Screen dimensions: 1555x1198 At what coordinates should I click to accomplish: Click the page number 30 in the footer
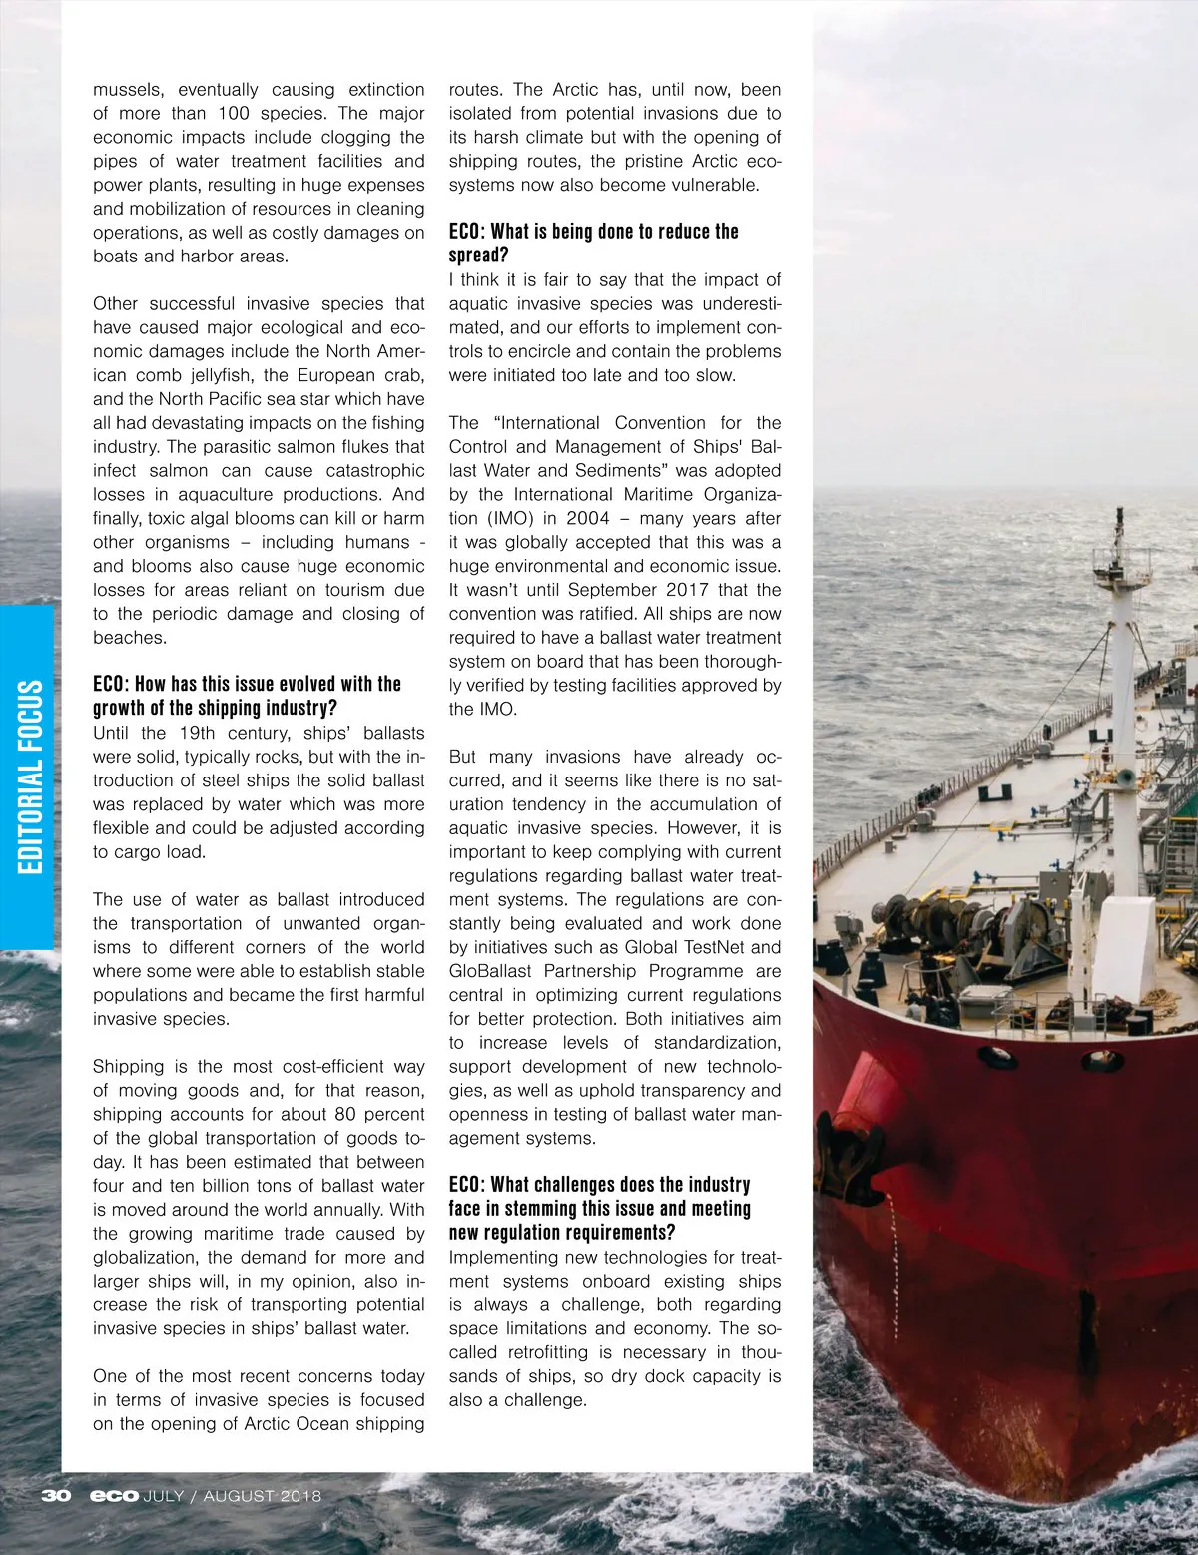tap(56, 1495)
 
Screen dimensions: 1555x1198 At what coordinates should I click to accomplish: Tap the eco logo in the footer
tap(114, 1495)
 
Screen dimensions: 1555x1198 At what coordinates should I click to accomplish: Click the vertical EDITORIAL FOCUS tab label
tap(31, 777)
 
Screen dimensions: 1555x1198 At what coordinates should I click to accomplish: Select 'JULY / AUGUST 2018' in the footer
tap(233, 1495)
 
